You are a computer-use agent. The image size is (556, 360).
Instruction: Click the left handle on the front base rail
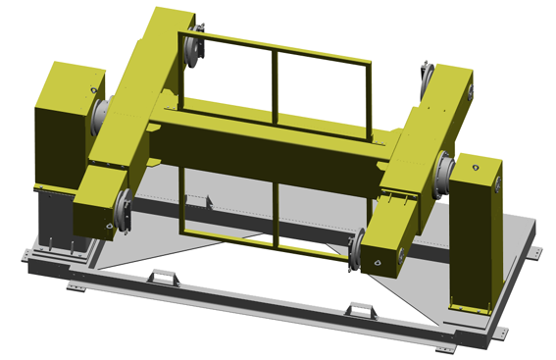(160, 279)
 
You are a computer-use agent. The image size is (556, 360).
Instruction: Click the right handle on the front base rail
(363, 311)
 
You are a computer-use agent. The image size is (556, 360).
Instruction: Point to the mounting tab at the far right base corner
(536, 252)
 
